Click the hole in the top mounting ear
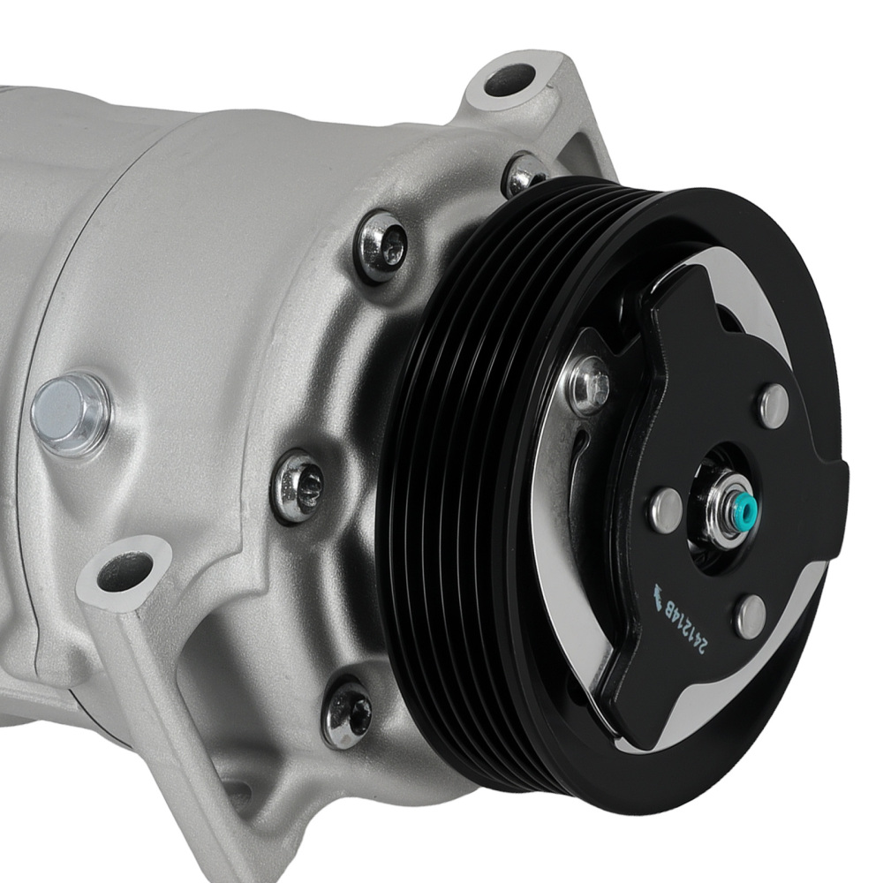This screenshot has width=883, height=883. (509, 79)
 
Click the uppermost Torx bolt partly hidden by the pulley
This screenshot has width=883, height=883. (523, 174)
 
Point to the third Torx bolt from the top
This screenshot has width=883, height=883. (298, 485)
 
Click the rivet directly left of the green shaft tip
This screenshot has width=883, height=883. (666, 509)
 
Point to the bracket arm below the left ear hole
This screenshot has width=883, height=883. (150, 671)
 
